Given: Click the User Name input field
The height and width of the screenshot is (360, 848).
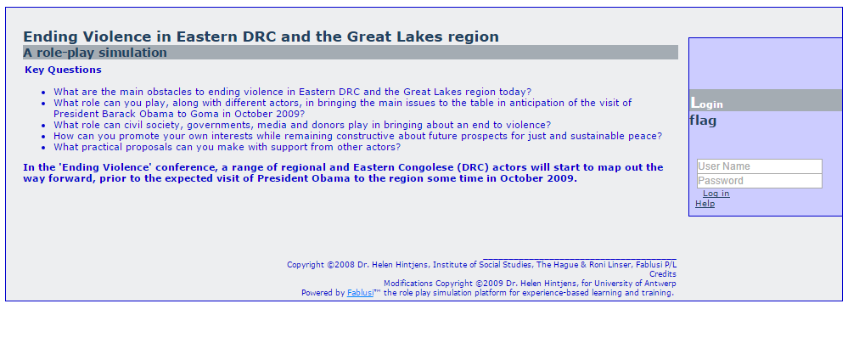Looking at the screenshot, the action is coord(760,166).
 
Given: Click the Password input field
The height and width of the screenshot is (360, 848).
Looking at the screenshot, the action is coord(760,181).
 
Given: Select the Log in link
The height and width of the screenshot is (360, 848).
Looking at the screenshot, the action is coord(716,194).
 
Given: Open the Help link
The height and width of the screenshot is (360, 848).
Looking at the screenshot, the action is coord(705,204).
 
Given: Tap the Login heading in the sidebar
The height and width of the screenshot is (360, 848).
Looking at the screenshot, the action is coord(707,103).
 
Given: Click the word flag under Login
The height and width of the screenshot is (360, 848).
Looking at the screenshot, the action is coord(703,121).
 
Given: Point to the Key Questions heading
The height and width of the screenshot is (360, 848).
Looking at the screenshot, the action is coord(64,70).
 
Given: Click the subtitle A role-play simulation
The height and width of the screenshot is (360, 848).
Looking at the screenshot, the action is coord(95,53).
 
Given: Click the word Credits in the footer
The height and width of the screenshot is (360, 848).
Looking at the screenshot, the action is coord(662,274).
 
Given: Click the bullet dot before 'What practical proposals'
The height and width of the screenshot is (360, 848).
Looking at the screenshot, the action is coord(44,148).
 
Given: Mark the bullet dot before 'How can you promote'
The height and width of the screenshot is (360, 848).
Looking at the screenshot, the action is coord(44,137).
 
